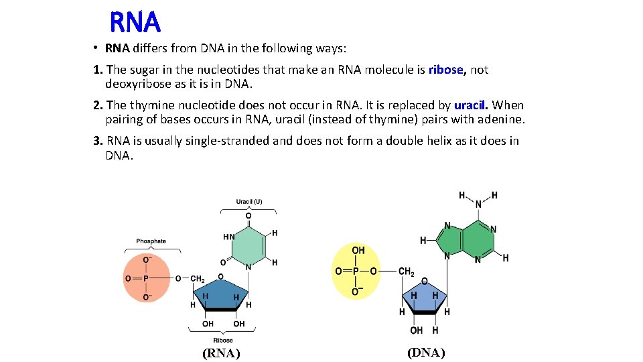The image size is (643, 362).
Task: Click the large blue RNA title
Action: (135, 23)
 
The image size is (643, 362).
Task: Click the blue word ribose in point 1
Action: (446, 70)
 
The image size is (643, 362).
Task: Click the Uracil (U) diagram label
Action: (249, 202)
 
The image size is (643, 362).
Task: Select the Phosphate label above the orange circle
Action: (151, 241)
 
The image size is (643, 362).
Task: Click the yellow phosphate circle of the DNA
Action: (356, 271)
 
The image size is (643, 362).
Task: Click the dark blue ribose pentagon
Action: (221, 294)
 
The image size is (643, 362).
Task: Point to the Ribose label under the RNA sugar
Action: (224, 340)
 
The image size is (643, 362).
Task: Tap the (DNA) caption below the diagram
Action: (426, 353)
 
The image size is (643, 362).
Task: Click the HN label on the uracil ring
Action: (229, 237)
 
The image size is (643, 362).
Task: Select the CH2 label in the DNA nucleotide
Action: (407, 271)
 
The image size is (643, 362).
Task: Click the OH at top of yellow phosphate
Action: (358, 250)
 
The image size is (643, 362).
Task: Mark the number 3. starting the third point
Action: (98, 141)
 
